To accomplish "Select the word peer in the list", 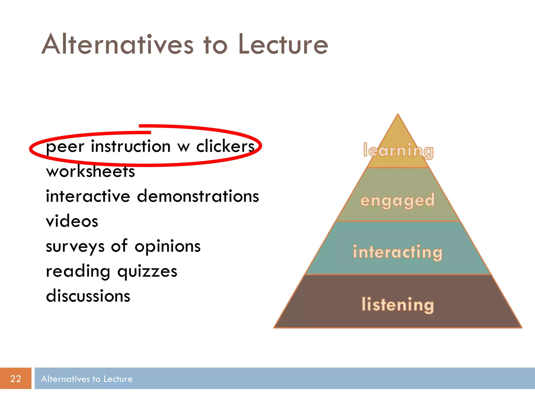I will tap(65, 147).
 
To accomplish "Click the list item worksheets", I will tap(90, 172).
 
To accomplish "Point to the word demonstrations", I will tap(198, 196).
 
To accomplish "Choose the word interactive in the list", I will tap(88, 196).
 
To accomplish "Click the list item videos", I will tap(72, 221).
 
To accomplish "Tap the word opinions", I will tap(167, 246).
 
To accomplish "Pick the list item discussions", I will tap(88, 296).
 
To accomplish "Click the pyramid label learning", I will tap(398, 151).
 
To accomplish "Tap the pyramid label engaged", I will tap(398, 200).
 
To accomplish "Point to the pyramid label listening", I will tap(398, 305).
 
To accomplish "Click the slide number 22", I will tap(15, 379).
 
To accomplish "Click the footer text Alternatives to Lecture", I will tap(87, 379).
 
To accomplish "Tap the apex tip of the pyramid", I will tap(398, 115).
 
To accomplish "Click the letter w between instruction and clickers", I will tap(183, 148).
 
